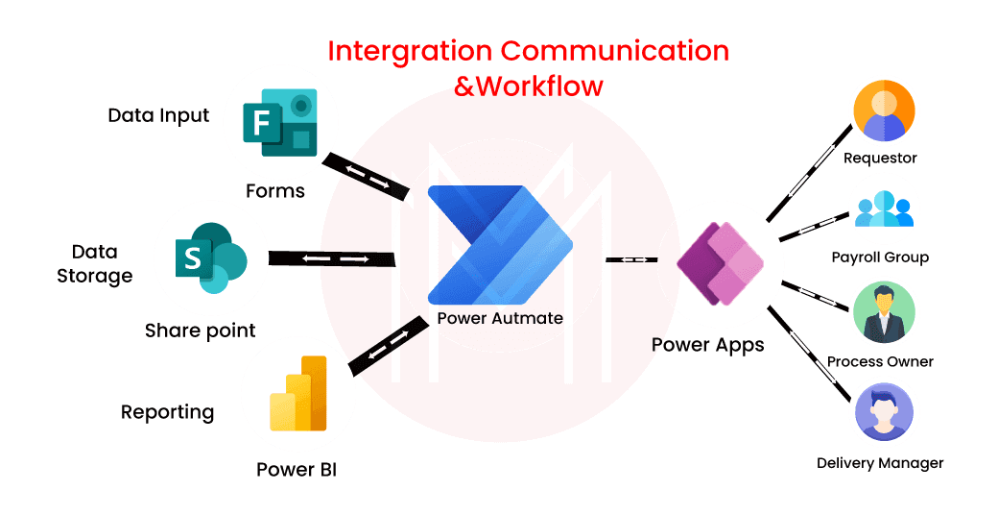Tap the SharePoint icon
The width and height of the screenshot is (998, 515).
click(x=210, y=257)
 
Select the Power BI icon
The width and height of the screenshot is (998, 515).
click(x=298, y=396)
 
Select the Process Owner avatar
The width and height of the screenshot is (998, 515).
click(x=884, y=313)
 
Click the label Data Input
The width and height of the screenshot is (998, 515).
click(x=158, y=116)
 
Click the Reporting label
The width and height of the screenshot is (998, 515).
click(x=167, y=412)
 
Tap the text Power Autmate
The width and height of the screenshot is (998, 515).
click(x=499, y=318)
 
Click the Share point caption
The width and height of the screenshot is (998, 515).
click(x=200, y=331)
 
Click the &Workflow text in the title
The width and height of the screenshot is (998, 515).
click(x=529, y=86)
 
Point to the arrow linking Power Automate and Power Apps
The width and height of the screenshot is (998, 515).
click(x=630, y=259)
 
